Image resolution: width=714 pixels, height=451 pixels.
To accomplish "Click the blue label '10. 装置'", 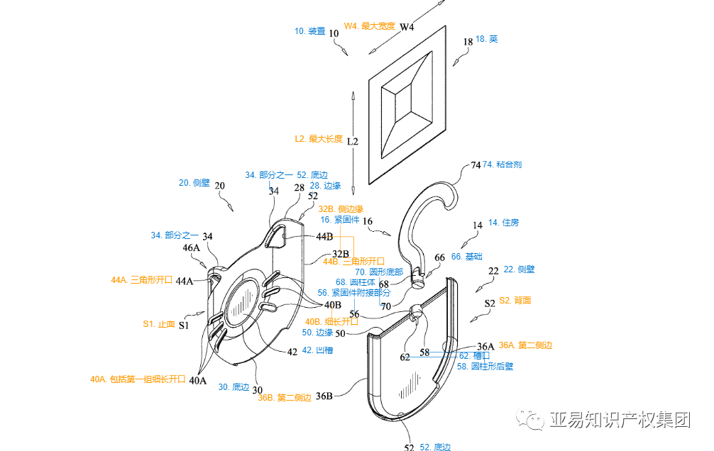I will coord(309,31).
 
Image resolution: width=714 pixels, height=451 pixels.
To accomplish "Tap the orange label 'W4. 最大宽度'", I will coord(369,26).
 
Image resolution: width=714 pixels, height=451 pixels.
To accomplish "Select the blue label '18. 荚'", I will coord(486,39).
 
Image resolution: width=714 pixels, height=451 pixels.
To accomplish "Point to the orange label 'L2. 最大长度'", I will coord(319,139).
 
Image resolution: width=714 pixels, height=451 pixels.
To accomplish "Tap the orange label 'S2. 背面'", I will coord(515,301).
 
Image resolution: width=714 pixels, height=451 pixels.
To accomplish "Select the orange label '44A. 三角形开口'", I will coord(142,280).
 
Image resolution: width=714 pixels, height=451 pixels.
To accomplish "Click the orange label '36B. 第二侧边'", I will coord(285,397).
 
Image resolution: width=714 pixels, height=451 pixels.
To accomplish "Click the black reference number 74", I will coord(476,166).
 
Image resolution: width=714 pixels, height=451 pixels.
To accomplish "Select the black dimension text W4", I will coord(407,27).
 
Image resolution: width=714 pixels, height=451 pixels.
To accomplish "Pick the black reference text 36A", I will coord(485,346).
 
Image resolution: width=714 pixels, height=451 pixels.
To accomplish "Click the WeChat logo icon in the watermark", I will coord(532,421).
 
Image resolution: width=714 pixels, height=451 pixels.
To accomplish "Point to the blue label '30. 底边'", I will coord(234,387).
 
